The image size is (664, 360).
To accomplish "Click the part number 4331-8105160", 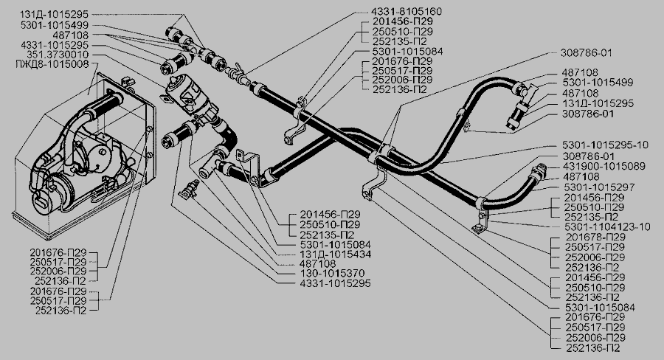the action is coord(407,12).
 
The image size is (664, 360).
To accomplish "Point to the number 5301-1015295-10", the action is coord(605,145).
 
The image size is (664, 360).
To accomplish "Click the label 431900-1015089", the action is coord(604,166).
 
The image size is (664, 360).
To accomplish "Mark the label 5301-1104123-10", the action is coord(607,226).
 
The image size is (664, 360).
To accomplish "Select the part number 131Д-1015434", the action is coord(336,254).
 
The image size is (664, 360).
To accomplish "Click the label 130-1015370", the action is coord(332,273).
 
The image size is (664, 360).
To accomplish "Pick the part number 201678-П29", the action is coord(595,237).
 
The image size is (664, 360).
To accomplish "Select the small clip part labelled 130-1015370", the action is coord(189,188).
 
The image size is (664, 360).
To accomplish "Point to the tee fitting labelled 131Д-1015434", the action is coord(210,166).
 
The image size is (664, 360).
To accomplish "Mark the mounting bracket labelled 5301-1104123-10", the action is coord(480,222).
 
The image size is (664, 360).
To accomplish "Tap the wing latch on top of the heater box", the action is coord(127,80).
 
